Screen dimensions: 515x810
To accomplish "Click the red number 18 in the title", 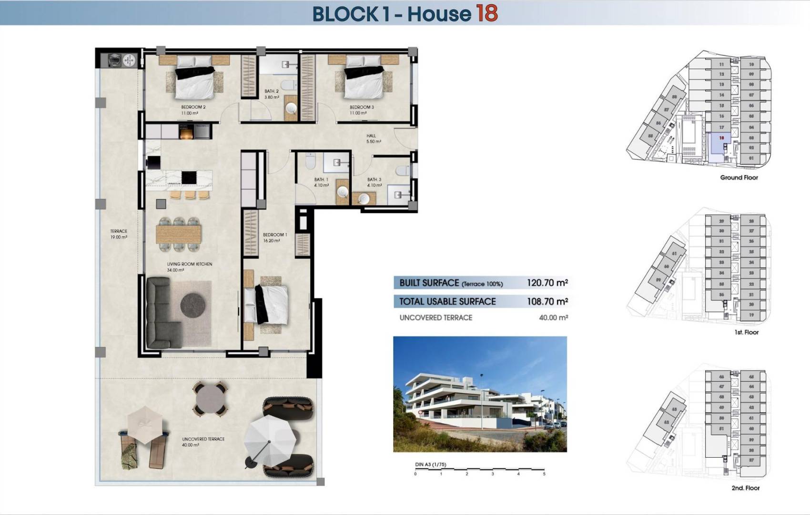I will coord(486,13).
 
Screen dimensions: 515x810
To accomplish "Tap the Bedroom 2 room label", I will coord(193,107).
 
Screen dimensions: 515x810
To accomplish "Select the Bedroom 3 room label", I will coord(362,107).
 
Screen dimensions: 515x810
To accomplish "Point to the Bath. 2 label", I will coord(272,92).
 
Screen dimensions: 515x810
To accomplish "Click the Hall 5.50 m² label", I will coord(373,139).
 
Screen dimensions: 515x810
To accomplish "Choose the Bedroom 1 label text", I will coord(275,235).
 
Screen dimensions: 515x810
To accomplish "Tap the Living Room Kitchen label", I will coord(189,264).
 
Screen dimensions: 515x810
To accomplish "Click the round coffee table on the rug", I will coord(192,304).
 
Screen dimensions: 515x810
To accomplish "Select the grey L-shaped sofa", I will coord(159,315).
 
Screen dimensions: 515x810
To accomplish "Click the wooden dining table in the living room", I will coord(179,234).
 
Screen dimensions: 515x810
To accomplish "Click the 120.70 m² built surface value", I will coord(547,283).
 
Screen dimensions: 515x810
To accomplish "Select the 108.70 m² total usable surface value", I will coord(547,301).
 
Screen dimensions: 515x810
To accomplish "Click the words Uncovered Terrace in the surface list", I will coord(435,318).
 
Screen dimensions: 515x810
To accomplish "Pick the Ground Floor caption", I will coord(739,177).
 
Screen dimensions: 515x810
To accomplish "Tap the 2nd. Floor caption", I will coord(745,488).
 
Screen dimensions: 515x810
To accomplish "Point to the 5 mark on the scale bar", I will coord(544,474).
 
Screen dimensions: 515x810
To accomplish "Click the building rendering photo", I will coord(480,394).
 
